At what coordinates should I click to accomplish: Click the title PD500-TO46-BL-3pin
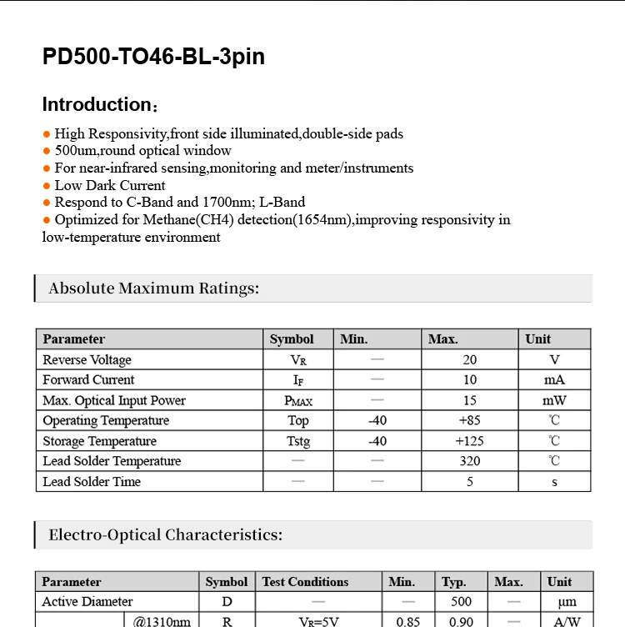pos(153,57)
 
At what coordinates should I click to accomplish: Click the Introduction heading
pos(97,105)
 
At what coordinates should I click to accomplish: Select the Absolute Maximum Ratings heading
pos(154,288)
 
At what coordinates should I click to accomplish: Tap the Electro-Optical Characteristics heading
pos(165,535)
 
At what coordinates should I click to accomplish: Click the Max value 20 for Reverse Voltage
pos(470,360)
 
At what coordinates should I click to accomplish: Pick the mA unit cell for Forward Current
pos(554,380)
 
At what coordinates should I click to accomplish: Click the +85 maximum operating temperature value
pos(470,421)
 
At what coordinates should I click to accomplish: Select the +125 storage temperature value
pos(470,441)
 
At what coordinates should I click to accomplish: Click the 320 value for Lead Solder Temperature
pos(470,461)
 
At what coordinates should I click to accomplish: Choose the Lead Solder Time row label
pos(92,482)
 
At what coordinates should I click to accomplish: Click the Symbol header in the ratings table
pos(292,339)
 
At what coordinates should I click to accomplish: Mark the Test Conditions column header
pos(306,582)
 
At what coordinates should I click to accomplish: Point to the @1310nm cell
pos(161,621)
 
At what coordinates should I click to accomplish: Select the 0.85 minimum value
pos(408,621)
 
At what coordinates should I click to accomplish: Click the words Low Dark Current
pos(110,186)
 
